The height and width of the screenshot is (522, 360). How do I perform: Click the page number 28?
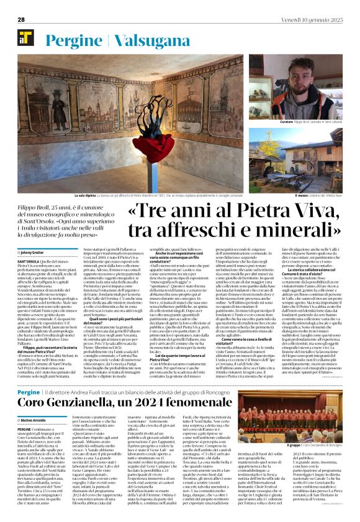click(21, 19)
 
